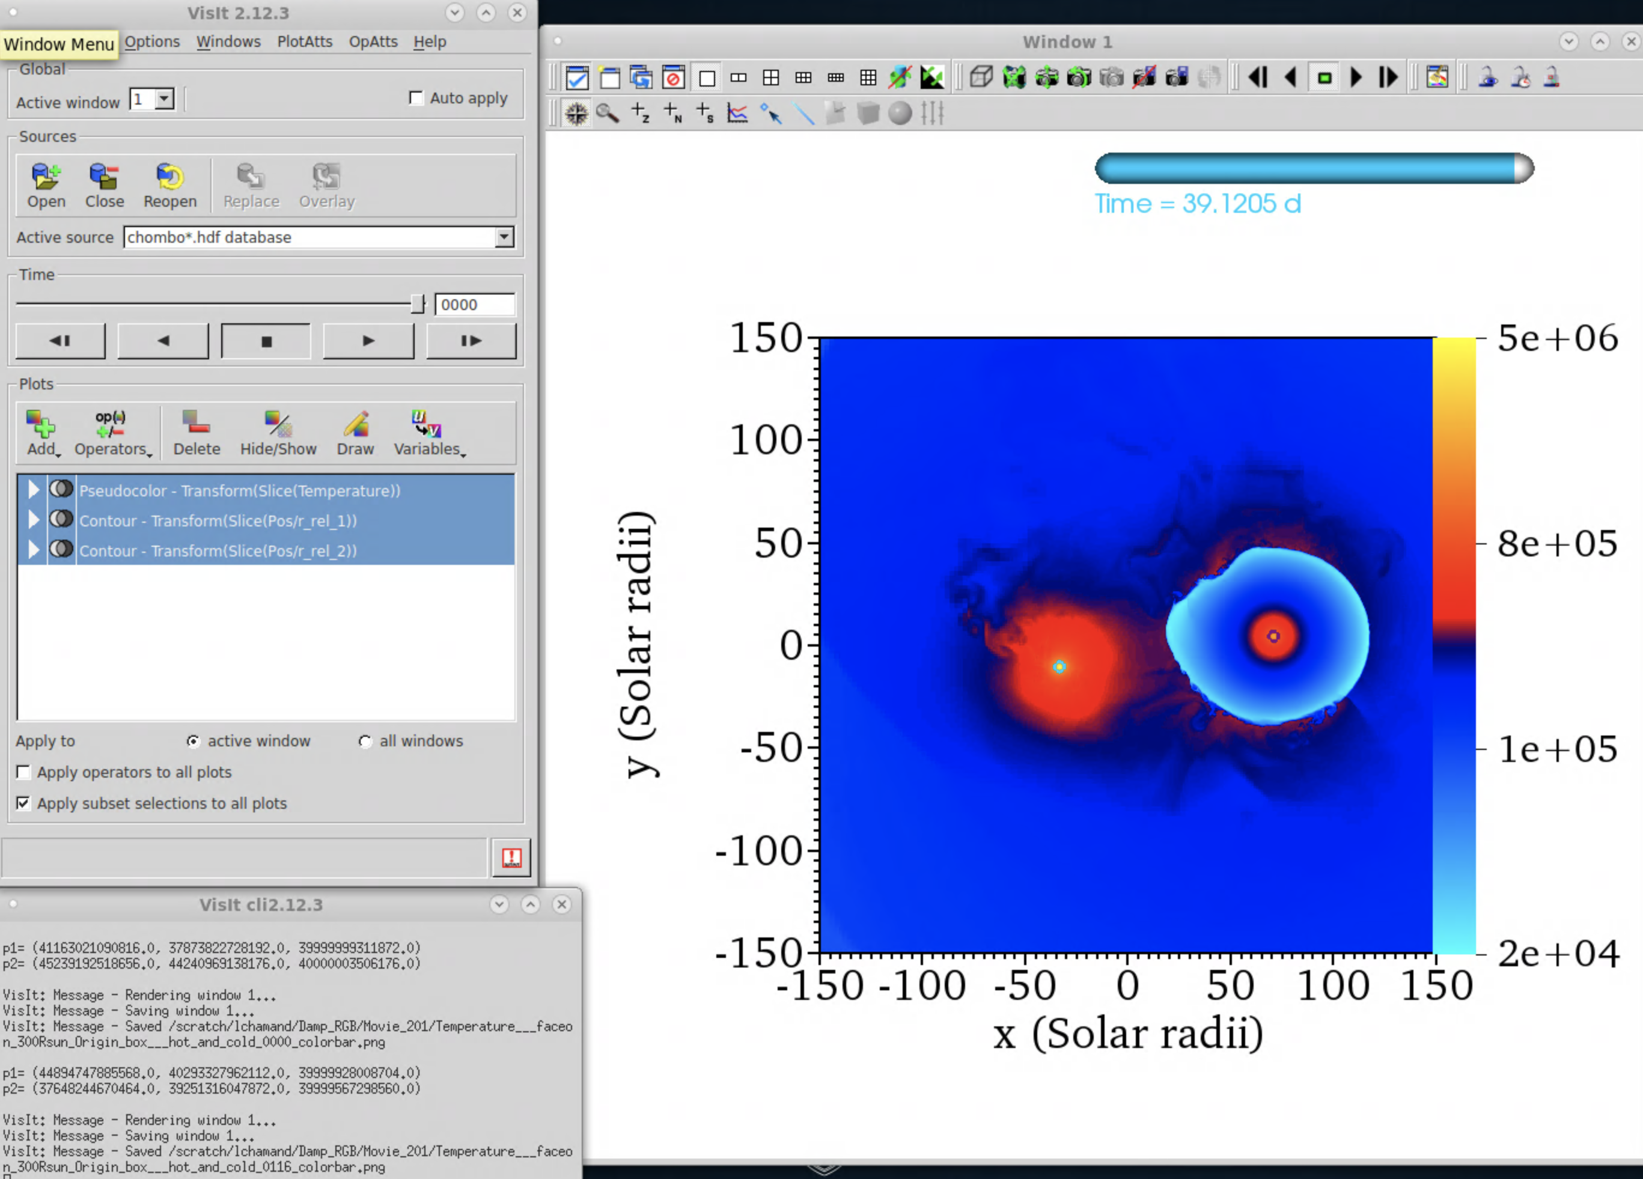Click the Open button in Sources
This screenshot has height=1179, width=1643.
(46, 186)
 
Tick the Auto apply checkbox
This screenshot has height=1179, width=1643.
(416, 98)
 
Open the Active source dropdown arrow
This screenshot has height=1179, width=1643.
(504, 237)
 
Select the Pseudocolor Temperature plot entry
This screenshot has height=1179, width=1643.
(239, 490)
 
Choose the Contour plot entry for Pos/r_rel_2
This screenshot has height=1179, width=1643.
(218, 550)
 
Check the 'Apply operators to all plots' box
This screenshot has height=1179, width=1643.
(24, 772)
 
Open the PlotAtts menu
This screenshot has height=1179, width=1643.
(304, 41)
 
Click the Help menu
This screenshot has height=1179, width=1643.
(430, 41)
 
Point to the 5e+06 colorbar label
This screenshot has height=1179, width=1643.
(1558, 338)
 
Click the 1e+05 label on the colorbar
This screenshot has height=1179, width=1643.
(1558, 749)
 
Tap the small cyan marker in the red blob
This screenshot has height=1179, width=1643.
(1059, 666)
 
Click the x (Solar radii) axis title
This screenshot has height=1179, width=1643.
(1128, 1034)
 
